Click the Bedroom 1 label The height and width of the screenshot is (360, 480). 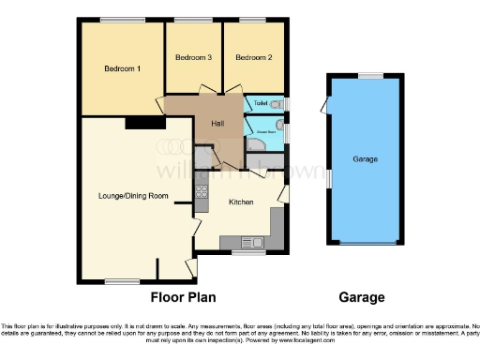point(122,68)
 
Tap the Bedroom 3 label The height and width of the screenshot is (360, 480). point(194,58)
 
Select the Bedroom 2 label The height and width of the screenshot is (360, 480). point(253,58)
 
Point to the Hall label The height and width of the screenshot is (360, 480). point(217,123)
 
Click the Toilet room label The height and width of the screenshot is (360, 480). point(262,103)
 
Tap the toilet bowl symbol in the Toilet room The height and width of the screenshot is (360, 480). point(276,103)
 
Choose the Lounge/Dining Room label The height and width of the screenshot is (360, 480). point(133,196)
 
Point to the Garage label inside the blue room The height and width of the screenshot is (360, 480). point(366,159)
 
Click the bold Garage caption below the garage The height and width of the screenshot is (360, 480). point(361,297)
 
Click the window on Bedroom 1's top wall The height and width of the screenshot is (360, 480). point(116,20)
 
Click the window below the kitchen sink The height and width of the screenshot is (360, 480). point(248,252)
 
